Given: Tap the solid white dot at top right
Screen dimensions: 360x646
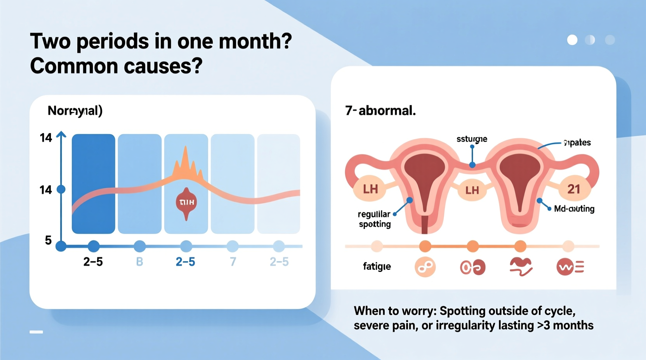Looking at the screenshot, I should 572,40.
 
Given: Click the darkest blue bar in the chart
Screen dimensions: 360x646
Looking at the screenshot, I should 93,183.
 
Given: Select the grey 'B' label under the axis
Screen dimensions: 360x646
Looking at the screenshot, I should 139,262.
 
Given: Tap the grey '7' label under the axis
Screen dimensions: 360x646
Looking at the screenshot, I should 233,262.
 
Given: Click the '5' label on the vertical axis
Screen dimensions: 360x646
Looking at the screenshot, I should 48,241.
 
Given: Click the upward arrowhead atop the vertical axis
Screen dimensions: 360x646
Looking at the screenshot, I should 61,135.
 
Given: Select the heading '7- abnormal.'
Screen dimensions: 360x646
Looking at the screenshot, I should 380,111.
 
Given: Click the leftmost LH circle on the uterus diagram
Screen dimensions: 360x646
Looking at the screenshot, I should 370,189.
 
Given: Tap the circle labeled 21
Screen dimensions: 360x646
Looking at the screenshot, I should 574,189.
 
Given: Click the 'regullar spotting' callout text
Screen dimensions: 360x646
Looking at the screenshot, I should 374,219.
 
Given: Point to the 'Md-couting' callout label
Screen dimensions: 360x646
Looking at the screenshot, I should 574,209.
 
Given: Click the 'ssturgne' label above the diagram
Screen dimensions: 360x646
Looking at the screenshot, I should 472,139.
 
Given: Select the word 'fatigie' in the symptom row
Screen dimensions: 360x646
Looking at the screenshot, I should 377,267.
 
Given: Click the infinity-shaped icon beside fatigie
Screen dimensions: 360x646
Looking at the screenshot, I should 425,267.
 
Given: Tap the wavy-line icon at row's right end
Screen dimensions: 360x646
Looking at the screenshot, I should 570,267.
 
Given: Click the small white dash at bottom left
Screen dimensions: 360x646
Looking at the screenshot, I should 36,332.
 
